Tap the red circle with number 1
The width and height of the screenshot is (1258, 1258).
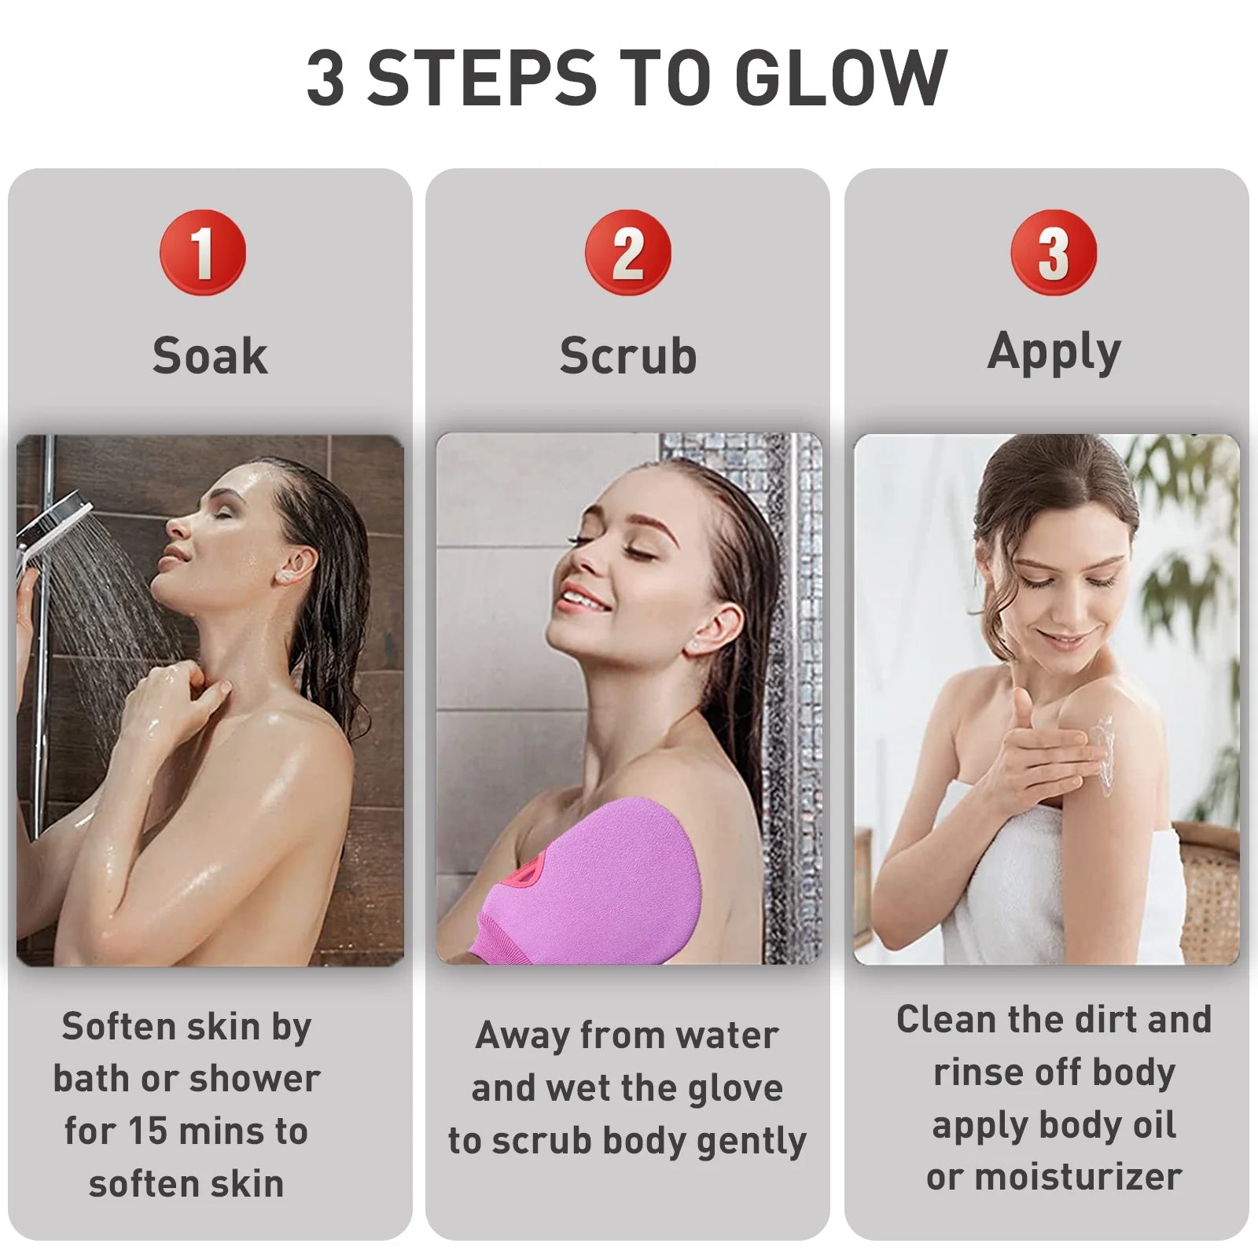[203, 252]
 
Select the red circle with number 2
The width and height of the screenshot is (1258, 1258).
[627, 252]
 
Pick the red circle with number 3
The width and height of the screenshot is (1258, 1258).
[1054, 252]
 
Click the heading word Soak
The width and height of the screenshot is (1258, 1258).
[210, 356]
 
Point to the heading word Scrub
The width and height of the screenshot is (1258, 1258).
[627, 356]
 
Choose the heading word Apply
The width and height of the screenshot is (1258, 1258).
[1054, 351]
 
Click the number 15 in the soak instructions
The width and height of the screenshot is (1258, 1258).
[147, 1131]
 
